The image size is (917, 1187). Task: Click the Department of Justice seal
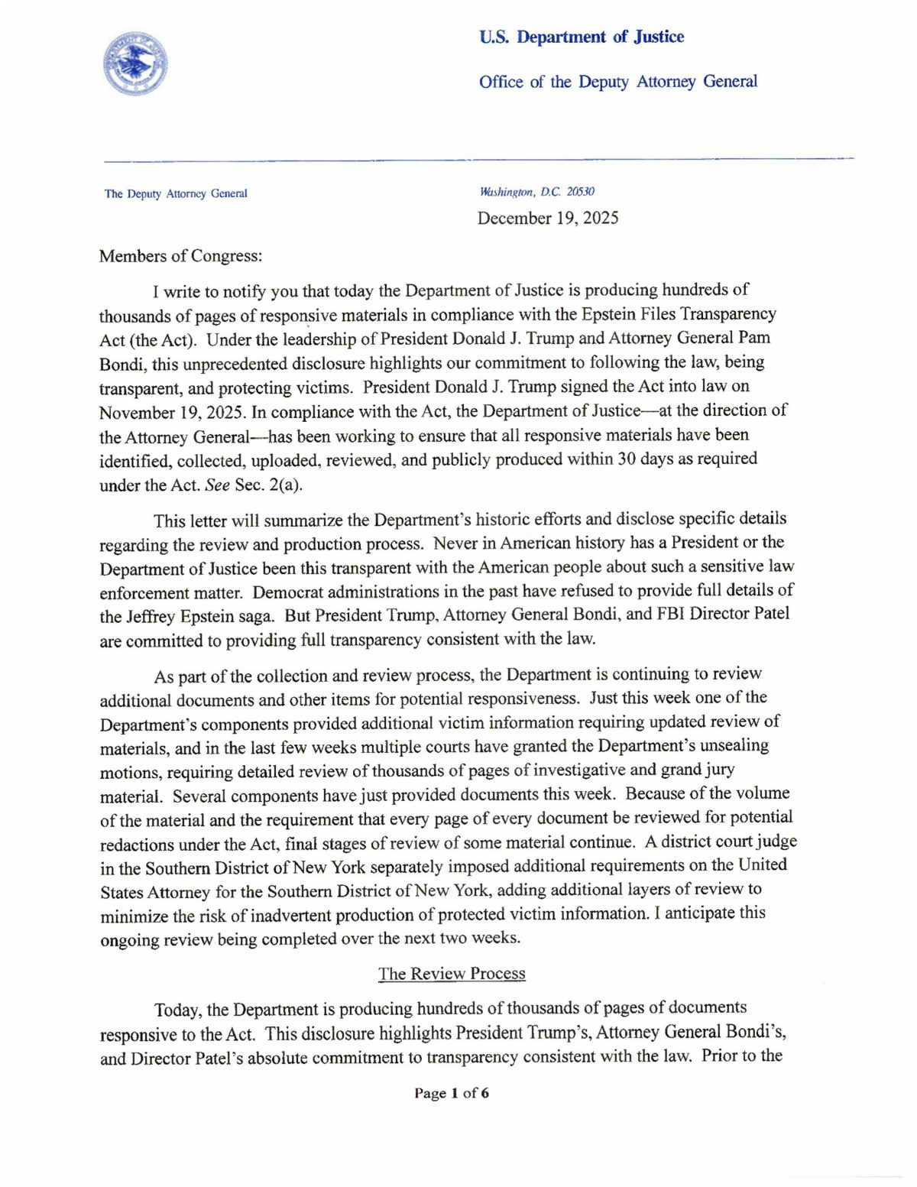click(135, 64)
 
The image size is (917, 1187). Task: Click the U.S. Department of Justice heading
click(582, 37)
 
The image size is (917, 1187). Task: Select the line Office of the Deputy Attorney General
click(618, 82)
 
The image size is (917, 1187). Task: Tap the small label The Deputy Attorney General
click(176, 194)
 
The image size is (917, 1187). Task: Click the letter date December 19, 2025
click(548, 219)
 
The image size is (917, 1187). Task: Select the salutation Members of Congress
click(180, 256)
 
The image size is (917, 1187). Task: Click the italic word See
click(218, 485)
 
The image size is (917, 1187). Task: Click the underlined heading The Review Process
click(452, 974)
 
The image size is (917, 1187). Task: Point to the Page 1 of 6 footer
click(452, 1093)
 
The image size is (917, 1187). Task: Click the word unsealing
click(729, 745)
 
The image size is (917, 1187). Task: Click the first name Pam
click(754, 338)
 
